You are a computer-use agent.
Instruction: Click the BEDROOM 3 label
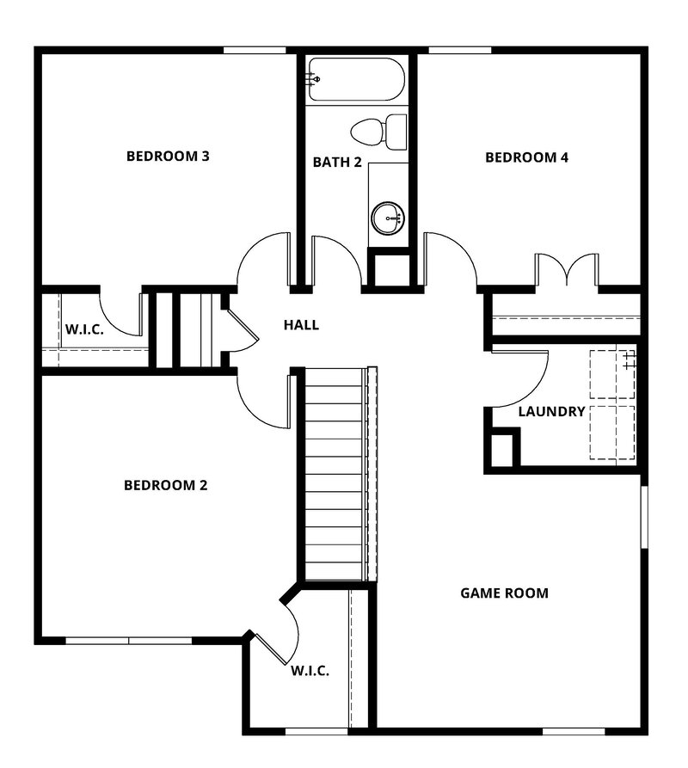pyautogui.click(x=169, y=157)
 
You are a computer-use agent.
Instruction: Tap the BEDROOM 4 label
pyautogui.click(x=527, y=157)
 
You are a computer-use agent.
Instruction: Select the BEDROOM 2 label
pyautogui.click(x=166, y=485)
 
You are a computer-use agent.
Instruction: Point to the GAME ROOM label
pyautogui.click(x=504, y=593)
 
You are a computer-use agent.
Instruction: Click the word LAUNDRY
pyautogui.click(x=551, y=412)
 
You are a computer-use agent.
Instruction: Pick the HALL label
pyautogui.click(x=301, y=325)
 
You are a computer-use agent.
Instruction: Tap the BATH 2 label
pyautogui.click(x=336, y=162)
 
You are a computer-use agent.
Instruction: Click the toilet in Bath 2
pyautogui.click(x=378, y=131)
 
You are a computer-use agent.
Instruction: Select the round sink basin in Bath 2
pyautogui.click(x=388, y=218)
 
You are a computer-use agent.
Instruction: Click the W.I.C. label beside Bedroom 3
pyautogui.click(x=83, y=329)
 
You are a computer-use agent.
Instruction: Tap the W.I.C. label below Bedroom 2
pyautogui.click(x=310, y=671)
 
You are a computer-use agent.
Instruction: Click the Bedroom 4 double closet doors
pyautogui.click(x=566, y=268)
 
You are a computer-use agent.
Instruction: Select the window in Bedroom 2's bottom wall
pyautogui.click(x=129, y=641)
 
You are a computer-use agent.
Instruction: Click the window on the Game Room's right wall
pyautogui.click(x=642, y=516)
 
